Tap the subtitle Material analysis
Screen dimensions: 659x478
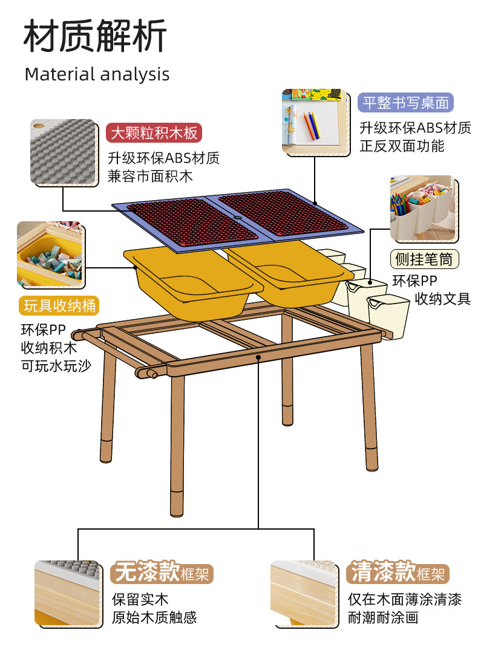[x=97, y=74]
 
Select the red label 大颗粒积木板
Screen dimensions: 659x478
[x=153, y=133]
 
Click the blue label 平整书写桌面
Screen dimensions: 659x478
[x=405, y=103]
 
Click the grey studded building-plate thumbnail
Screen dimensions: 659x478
[x=64, y=152]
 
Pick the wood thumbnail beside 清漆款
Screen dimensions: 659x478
[x=303, y=594]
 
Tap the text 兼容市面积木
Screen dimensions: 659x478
[x=150, y=177]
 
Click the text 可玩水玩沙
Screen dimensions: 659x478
[x=56, y=365]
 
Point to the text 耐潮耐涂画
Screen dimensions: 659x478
[x=382, y=617]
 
